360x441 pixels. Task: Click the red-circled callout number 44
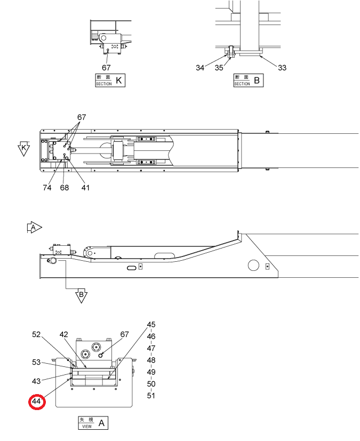[x=37, y=402]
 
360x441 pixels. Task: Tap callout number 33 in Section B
[x=282, y=68]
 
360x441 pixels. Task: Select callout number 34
[x=200, y=68]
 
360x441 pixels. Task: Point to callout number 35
[x=219, y=68]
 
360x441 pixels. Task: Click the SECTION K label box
[x=110, y=81]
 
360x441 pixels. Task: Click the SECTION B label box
[x=249, y=81]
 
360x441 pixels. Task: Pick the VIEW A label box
[x=93, y=423]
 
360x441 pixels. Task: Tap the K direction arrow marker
[x=23, y=148]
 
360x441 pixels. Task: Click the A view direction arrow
[x=34, y=227]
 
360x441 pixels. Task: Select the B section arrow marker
[x=81, y=295]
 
